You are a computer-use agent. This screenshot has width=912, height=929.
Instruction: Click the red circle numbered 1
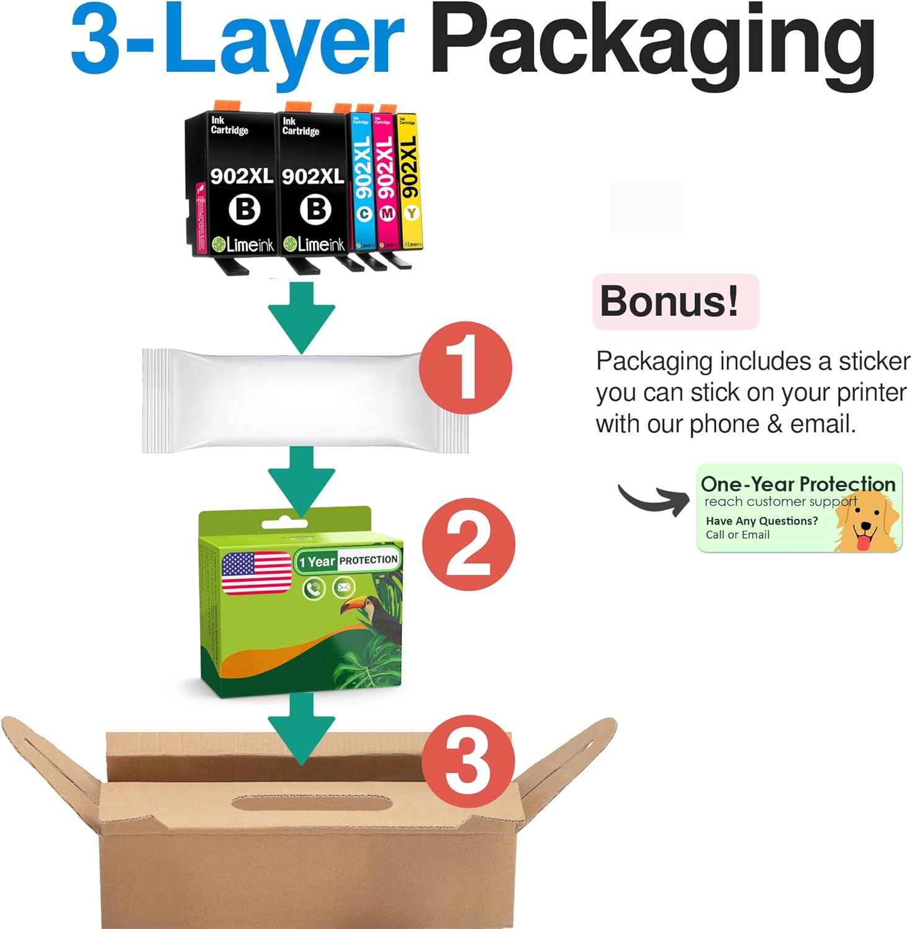point(465,368)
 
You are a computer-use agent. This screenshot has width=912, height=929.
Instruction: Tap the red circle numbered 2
point(468,544)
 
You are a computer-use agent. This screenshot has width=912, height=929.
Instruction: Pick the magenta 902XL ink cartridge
point(385,183)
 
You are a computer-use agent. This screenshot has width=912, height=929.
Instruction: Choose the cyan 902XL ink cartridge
point(362,183)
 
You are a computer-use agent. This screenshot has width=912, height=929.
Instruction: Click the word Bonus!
point(670,302)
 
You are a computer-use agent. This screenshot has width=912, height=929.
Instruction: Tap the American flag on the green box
point(256,573)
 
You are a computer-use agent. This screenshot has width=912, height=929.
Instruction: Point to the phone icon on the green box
point(314,588)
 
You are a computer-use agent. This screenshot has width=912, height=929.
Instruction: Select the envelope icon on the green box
point(343,587)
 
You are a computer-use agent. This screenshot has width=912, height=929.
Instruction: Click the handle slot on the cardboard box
point(313,804)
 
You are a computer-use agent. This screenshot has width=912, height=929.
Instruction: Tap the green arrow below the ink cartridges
point(302,316)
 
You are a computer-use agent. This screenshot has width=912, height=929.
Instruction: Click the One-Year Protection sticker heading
point(797,484)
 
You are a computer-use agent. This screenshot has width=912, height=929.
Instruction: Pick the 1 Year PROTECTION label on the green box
point(348,560)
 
